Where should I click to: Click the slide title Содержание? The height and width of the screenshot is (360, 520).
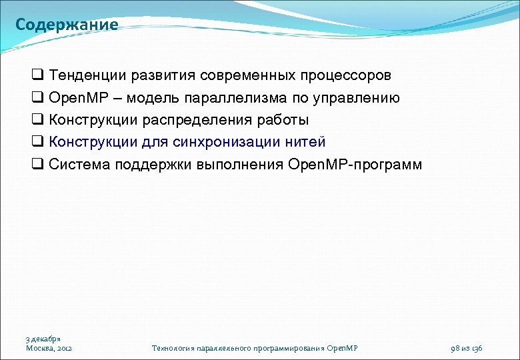click(67, 25)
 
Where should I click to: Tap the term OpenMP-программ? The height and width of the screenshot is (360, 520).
click(355, 164)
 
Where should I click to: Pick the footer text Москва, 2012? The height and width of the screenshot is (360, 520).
click(49, 348)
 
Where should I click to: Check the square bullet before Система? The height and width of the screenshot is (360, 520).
click(37, 165)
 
